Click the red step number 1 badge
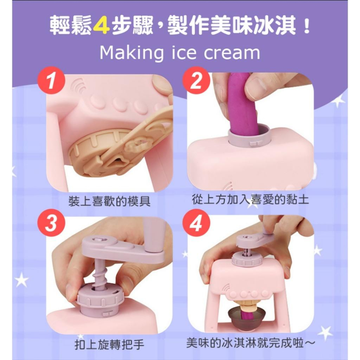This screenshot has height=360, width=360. coord(51,80)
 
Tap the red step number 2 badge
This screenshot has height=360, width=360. coord(196,80)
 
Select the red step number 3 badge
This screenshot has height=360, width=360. coord(51,223)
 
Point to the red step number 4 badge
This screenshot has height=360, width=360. coord(196,223)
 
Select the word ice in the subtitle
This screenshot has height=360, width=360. coord(184,53)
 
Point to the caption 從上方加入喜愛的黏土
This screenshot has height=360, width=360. coord(251,199)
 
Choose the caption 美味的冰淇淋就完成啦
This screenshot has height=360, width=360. coord(250,343)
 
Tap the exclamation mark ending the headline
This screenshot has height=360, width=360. coord(306,26)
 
